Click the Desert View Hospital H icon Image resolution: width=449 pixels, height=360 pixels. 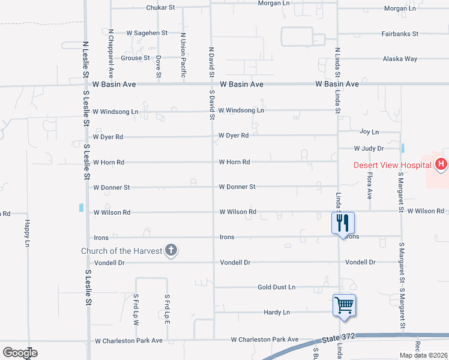pos(441,164)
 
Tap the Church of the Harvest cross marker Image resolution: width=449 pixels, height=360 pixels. pos(171,250)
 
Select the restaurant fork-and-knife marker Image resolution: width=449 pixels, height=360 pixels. pos(343,223)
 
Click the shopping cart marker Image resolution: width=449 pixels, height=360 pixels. pos(344,305)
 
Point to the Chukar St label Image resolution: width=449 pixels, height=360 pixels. pos(160,8)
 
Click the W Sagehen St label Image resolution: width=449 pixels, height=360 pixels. pos(146,33)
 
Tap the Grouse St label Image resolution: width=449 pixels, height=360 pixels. pos(135,58)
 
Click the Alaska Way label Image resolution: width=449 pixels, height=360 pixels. pos(400,59)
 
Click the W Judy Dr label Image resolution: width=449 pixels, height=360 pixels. pos(368,148)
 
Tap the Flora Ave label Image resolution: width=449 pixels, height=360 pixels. pos(370,187)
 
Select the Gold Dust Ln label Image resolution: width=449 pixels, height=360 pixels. pos(276,287)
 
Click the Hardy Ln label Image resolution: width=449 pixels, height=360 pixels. pos(277,313)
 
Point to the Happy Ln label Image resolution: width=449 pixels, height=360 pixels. pos(27,233)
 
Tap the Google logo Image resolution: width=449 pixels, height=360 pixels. pos(20,353)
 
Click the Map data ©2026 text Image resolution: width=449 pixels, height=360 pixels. pos(423,355)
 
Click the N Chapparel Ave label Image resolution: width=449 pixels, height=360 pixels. pos(111,53)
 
